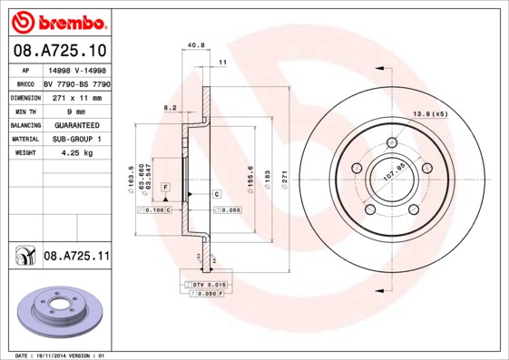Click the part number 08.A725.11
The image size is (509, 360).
coord(75,257)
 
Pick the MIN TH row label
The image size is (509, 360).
coord(26,110)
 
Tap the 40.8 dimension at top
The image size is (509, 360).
coord(195,44)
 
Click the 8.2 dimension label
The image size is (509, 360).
coord(170,108)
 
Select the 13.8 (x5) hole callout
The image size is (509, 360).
coord(431,112)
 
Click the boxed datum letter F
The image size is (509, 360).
coord(166,186)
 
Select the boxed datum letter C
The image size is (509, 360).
coord(217,194)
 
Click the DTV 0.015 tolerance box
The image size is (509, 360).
coord(205,285)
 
